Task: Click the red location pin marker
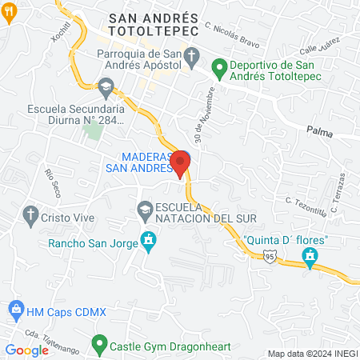click(x=182, y=162)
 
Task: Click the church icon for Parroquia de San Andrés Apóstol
click(x=191, y=55)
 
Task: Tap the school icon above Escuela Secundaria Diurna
click(x=106, y=86)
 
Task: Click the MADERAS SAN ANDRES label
click(x=139, y=162)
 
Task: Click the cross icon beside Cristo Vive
click(x=31, y=214)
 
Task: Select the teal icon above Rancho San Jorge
click(x=148, y=239)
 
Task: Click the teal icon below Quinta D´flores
click(x=310, y=257)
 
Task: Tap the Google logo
click(x=27, y=350)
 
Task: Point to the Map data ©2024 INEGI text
click(x=311, y=353)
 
